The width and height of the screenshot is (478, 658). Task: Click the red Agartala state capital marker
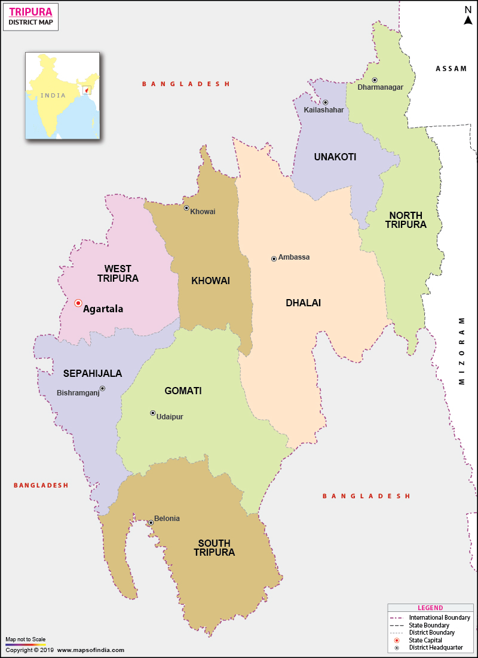[x=78, y=303]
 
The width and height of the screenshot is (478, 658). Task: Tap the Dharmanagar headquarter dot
[x=375, y=80]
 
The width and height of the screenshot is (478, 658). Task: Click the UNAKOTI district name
[x=335, y=157]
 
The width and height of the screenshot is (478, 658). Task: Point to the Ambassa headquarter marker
[x=274, y=259]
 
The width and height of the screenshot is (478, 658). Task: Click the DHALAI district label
[x=303, y=303]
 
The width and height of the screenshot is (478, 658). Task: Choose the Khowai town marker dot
[x=186, y=208]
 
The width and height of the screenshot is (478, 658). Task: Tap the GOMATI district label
[x=183, y=391]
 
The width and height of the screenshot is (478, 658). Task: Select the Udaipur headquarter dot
[x=152, y=413]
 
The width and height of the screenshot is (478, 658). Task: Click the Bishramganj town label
[x=78, y=393]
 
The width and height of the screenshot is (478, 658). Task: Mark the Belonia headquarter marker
[x=151, y=522]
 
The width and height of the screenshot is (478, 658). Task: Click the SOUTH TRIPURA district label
[x=214, y=548]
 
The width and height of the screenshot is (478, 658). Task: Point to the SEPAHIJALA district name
[x=93, y=373]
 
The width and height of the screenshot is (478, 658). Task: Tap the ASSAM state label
[x=451, y=69]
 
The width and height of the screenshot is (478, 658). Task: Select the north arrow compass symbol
[x=468, y=16]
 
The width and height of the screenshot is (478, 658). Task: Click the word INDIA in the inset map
[x=53, y=96]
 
